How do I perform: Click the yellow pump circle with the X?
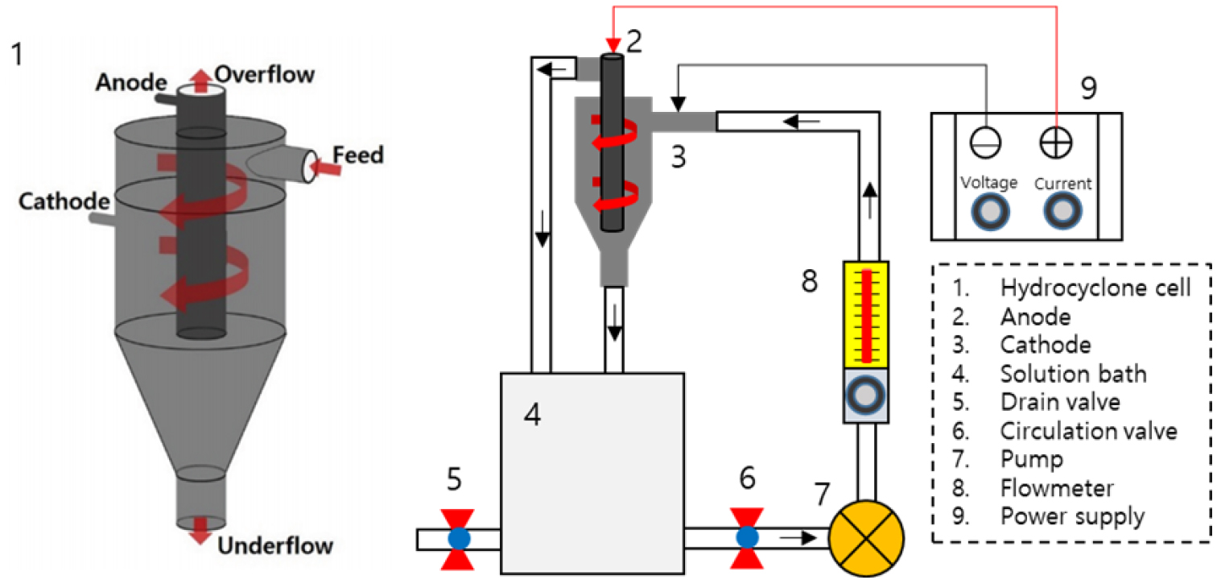pyautogui.click(x=867, y=538)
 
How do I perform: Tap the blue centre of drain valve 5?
pyautogui.click(x=459, y=539)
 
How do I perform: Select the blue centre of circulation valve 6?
pyautogui.click(x=748, y=537)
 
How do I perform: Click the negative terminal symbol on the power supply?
pyautogui.click(x=985, y=143)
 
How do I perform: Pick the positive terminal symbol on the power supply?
pyautogui.click(x=1056, y=143)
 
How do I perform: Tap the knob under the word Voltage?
pyautogui.click(x=990, y=212)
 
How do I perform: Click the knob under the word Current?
pyautogui.click(x=1062, y=211)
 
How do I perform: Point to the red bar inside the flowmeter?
pyautogui.click(x=867, y=316)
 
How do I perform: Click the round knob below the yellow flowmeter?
pyautogui.click(x=866, y=396)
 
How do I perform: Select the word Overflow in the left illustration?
pyautogui.click(x=265, y=74)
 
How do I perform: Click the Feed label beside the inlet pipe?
pyautogui.click(x=358, y=155)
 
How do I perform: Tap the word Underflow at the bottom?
pyautogui.click(x=275, y=545)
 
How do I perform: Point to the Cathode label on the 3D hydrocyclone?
pyautogui.click(x=64, y=201)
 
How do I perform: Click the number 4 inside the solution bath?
pyautogui.click(x=533, y=414)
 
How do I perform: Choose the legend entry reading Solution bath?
pyautogui.click(x=1074, y=374)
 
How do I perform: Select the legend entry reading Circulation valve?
pyautogui.click(x=1089, y=431)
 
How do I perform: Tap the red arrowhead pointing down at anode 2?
pyautogui.click(x=613, y=46)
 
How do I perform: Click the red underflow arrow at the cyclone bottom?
pyautogui.click(x=200, y=531)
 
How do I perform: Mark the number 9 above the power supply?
pyautogui.click(x=1089, y=88)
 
